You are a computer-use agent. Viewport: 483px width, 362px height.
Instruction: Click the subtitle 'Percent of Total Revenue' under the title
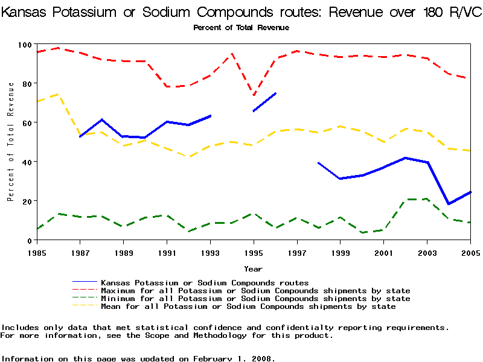tap(241, 28)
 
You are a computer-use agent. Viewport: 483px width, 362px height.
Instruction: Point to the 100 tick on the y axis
tap(24, 45)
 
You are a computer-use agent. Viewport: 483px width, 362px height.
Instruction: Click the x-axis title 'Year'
tap(253, 268)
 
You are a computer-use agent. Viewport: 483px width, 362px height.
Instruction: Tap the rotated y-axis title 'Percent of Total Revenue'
tap(10, 142)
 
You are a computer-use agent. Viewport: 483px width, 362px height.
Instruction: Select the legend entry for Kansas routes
tap(205, 282)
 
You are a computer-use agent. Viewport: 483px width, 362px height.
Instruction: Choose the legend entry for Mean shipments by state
tap(248, 306)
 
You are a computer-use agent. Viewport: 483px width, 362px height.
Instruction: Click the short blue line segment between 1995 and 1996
tap(264, 102)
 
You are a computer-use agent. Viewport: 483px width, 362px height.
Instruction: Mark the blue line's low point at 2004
tap(449, 204)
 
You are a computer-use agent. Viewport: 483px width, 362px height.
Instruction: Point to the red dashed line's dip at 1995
tap(254, 95)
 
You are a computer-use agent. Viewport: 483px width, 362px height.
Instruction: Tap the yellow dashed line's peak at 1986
tap(59, 94)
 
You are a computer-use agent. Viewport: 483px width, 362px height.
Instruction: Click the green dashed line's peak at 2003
tap(427, 198)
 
